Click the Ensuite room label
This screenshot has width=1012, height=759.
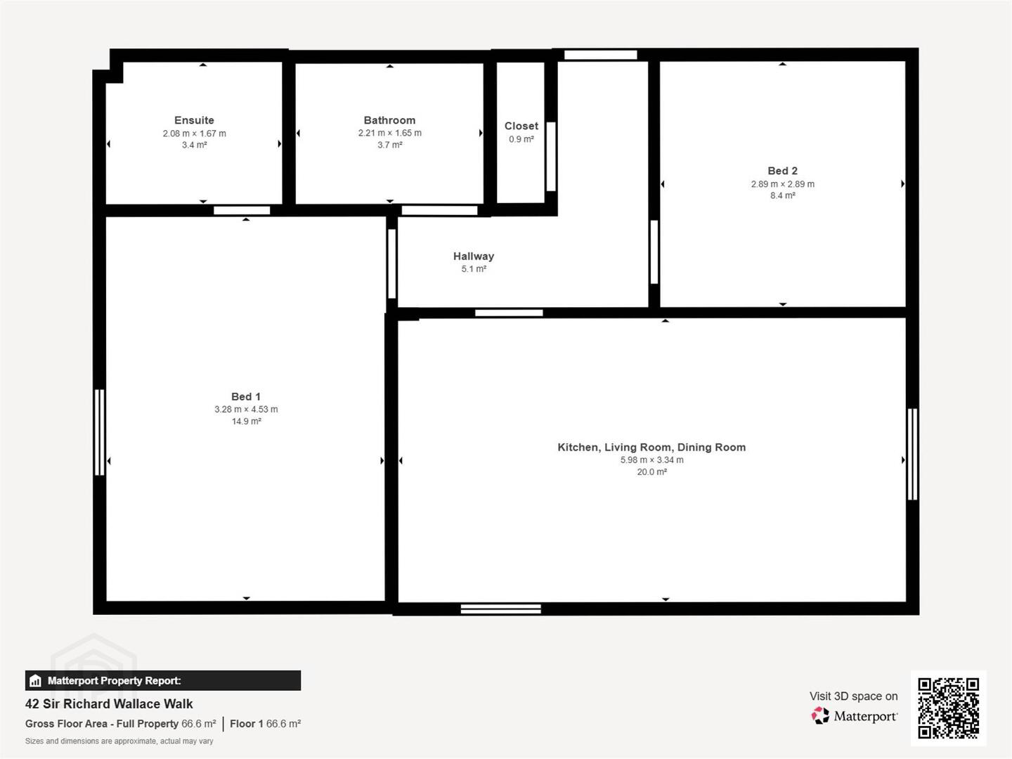point(194,120)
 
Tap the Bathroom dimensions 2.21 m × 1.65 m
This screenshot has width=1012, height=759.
point(389,133)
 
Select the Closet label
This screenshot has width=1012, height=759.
point(521,126)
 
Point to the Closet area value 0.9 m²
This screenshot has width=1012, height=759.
point(521,139)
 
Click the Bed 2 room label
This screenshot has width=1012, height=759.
point(782,171)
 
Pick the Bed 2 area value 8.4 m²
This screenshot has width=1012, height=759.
point(782,195)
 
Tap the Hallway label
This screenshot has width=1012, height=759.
point(474,257)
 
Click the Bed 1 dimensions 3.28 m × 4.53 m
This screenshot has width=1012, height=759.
point(246,409)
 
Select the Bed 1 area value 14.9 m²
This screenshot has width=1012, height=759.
point(246,421)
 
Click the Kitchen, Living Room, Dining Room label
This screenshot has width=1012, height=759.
point(651,447)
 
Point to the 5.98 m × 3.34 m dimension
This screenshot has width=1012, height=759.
point(651,460)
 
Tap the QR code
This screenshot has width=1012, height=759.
point(948,708)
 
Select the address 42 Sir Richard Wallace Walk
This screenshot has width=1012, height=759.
point(109,704)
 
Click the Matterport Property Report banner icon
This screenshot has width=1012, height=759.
point(35,681)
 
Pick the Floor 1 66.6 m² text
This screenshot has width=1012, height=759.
point(265,724)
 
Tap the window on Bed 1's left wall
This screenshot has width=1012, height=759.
point(99,432)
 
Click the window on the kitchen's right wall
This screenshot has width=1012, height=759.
point(912,454)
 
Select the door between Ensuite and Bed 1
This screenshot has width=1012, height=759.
point(242,211)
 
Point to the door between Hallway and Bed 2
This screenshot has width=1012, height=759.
point(654,252)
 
